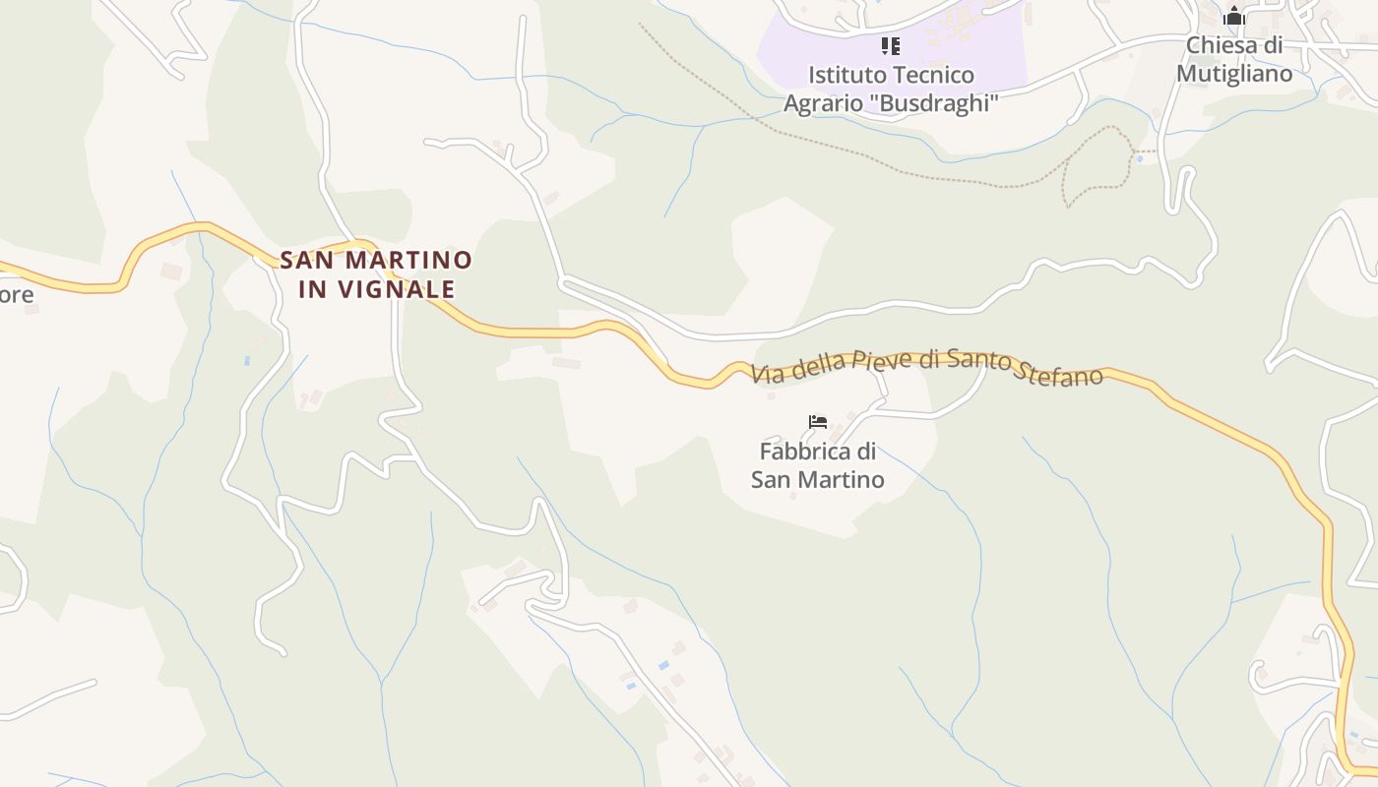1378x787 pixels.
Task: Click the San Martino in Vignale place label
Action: click(376, 274)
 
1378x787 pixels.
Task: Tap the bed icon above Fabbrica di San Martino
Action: click(818, 422)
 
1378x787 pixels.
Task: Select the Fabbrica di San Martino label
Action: click(818, 465)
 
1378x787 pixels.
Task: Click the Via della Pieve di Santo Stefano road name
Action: click(926, 367)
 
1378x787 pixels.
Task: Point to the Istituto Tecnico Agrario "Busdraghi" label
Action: click(891, 89)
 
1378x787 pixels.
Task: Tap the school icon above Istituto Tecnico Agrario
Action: click(891, 46)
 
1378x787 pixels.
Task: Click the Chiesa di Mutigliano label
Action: click(1234, 59)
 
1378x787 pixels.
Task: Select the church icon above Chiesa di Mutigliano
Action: click(1234, 17)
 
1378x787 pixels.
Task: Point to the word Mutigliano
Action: click(1234, 74)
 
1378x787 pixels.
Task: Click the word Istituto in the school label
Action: click(842, 75)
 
